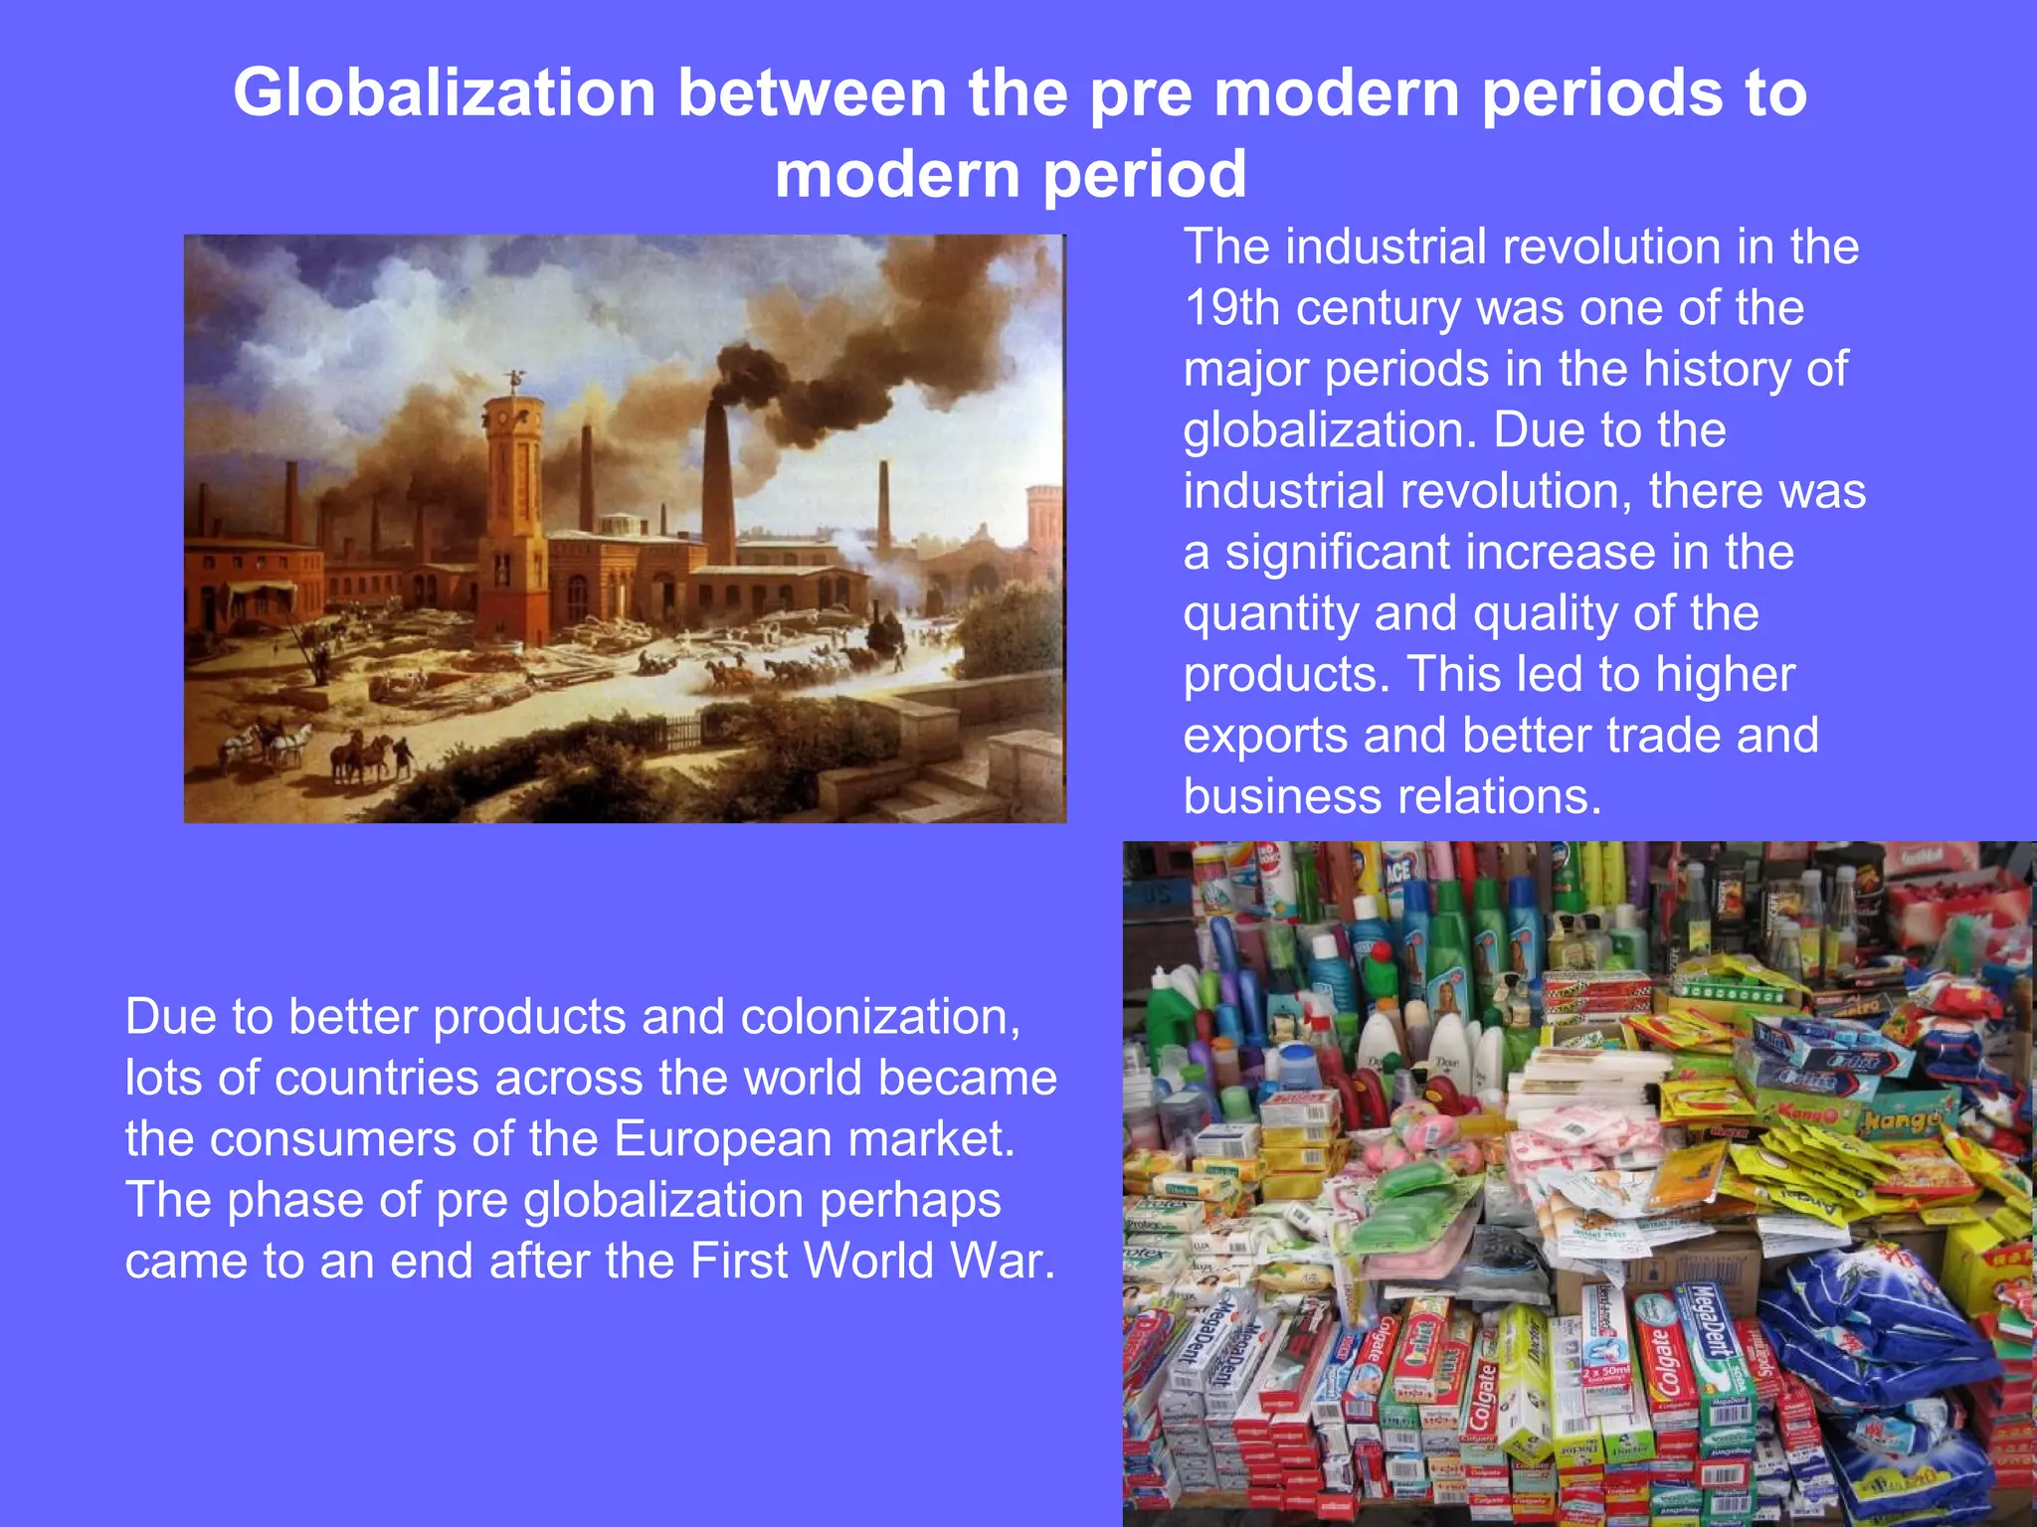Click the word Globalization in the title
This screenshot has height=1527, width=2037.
click(x=445, y=92)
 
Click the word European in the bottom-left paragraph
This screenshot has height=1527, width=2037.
click(x=713, y=1139)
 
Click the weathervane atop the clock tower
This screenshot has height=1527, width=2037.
click(x=514, y=379)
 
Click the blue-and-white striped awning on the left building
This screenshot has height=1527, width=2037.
click(x=261, y=592)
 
